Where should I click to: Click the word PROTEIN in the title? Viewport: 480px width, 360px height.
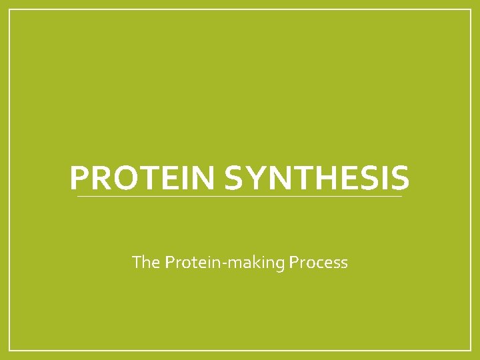point(143,179)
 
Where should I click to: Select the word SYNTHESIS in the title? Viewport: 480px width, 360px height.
point(317,179)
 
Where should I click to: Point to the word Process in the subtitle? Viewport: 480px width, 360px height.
point(319,262)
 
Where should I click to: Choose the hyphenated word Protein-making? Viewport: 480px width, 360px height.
point(226,262)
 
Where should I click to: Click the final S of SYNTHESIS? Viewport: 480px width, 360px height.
point(399,179)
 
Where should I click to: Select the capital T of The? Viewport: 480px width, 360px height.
point(137,262)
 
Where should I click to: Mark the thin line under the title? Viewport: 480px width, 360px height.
point(240,197)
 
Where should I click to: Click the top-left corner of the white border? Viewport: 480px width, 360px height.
point(9,9)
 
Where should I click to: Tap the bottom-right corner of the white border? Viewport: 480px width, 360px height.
point(471,350)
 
